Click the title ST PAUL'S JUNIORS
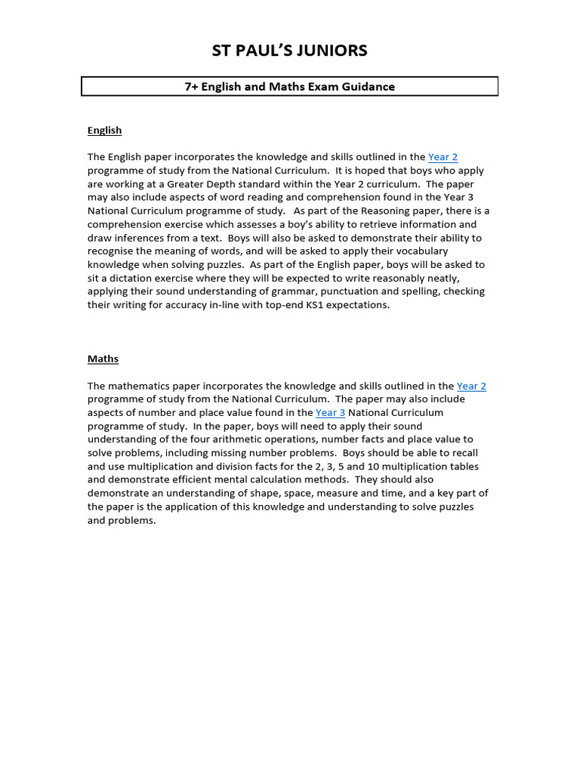point(289,51)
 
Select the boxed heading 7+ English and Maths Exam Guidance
point(289,87)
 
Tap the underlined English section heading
point(104,131)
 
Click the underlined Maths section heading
point(103,359)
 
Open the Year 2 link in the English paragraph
point(443,157)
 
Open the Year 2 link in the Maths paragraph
point(471,386)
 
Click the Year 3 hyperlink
point(330,413)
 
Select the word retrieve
point(393,224)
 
